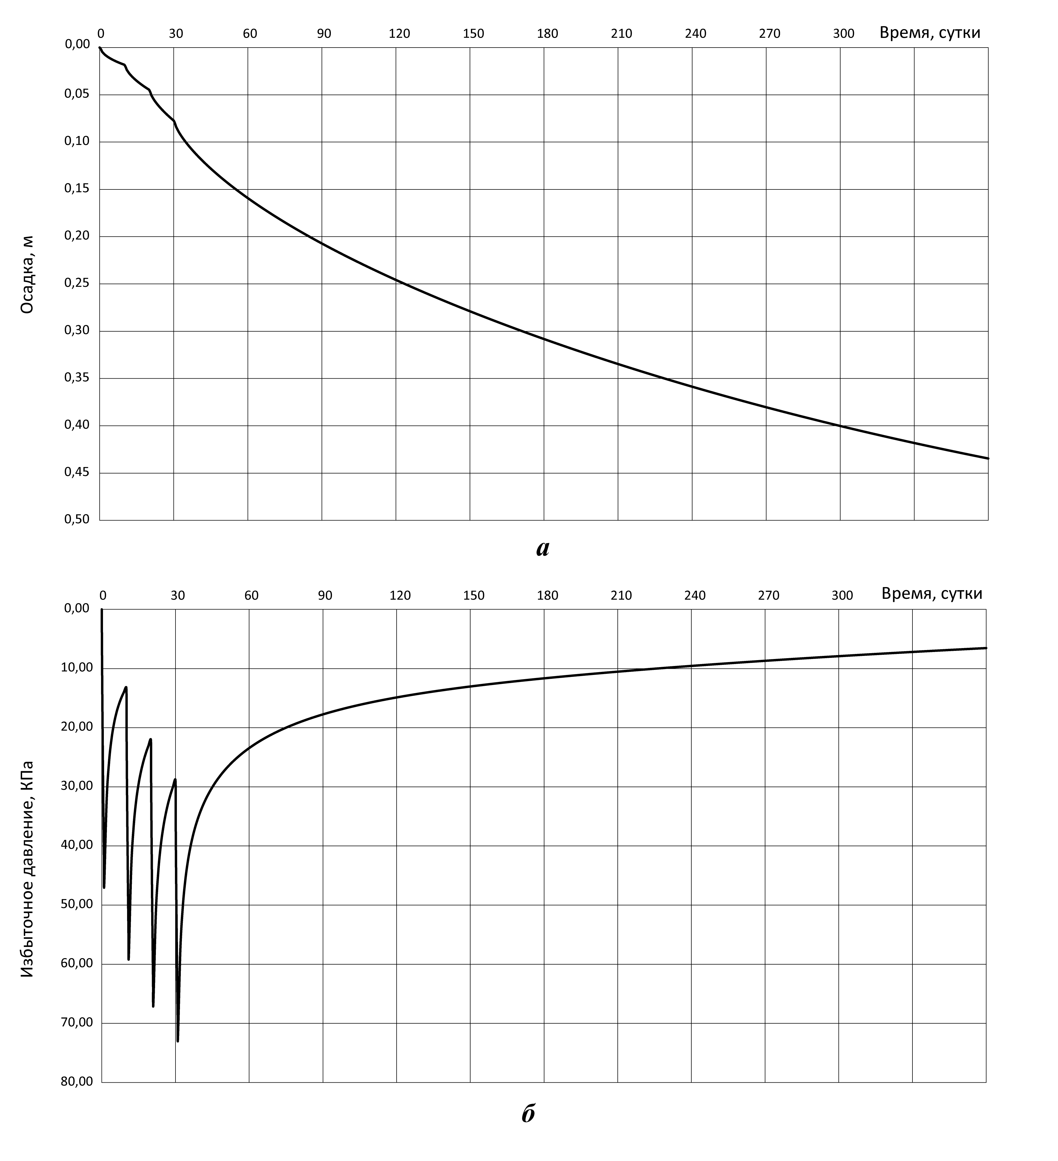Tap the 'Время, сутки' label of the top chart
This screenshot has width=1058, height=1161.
(x=930, y=33)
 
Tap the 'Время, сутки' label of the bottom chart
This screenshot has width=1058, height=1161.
(x=931, y=594)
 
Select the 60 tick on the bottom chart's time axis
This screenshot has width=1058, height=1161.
(x=251, y=595)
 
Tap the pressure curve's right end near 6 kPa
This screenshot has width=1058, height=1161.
(x=986, y=648)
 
